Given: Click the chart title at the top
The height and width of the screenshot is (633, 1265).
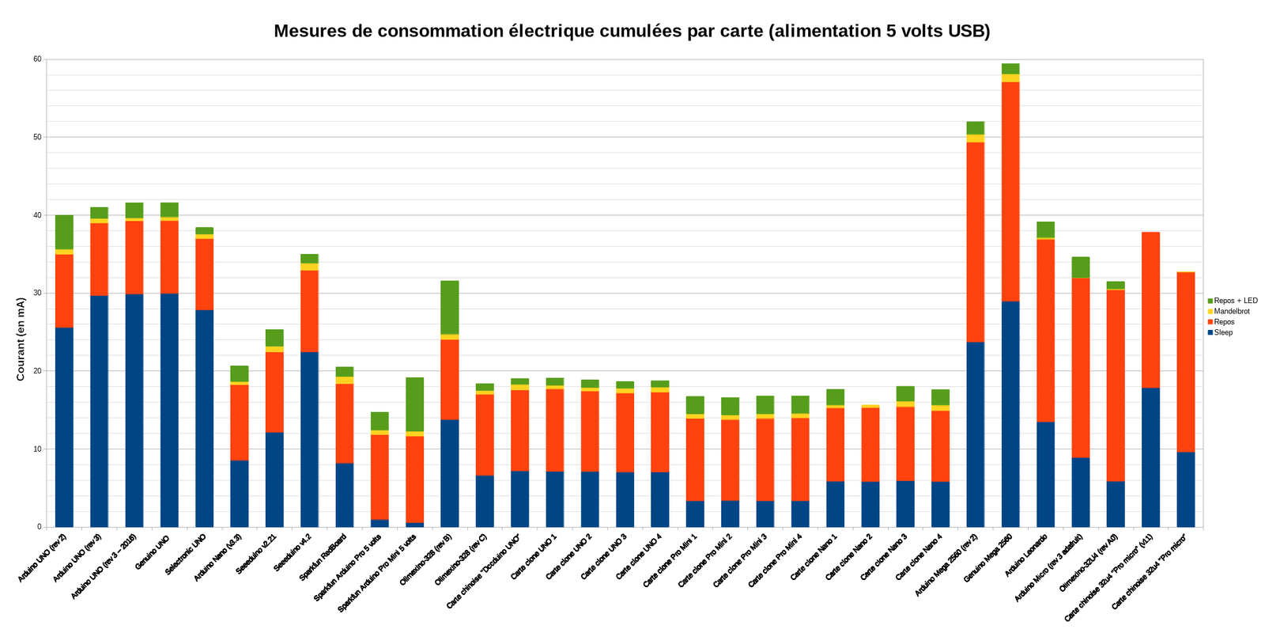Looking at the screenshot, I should click(632, 31).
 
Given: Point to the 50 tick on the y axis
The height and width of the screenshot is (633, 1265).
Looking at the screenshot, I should click(36, 138).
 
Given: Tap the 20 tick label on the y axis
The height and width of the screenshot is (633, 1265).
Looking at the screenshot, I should click(36, 371).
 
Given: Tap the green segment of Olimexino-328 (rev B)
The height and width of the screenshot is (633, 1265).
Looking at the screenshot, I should click(450, 307).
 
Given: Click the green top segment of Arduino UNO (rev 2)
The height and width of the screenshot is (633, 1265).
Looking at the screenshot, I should click(64, 232).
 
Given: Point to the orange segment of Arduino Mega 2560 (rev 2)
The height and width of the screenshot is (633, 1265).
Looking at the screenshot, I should click(975, 241).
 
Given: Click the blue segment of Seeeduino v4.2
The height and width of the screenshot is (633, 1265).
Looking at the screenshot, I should click(309, 439).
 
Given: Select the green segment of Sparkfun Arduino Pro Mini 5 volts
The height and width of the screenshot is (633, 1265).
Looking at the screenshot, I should click(415, 404).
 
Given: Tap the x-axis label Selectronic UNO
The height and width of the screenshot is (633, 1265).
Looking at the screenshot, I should click(187, 553).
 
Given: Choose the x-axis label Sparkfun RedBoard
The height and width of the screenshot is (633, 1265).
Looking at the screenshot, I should click(323, 557).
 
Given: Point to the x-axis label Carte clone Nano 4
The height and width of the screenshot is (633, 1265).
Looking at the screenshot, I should click(918, 559).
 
